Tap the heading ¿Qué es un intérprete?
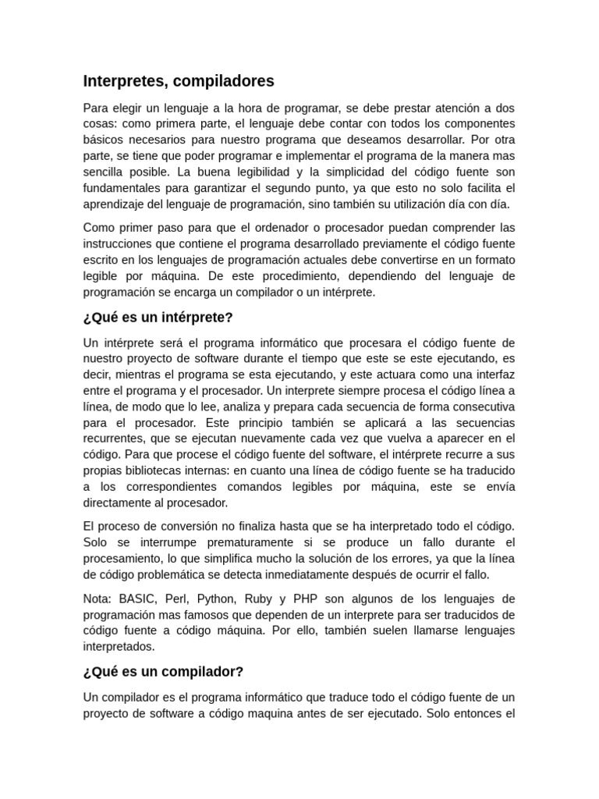(158, 318)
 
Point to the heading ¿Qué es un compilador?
(164, 671)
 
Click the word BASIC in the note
(138, 598)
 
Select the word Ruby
(258, 598)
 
